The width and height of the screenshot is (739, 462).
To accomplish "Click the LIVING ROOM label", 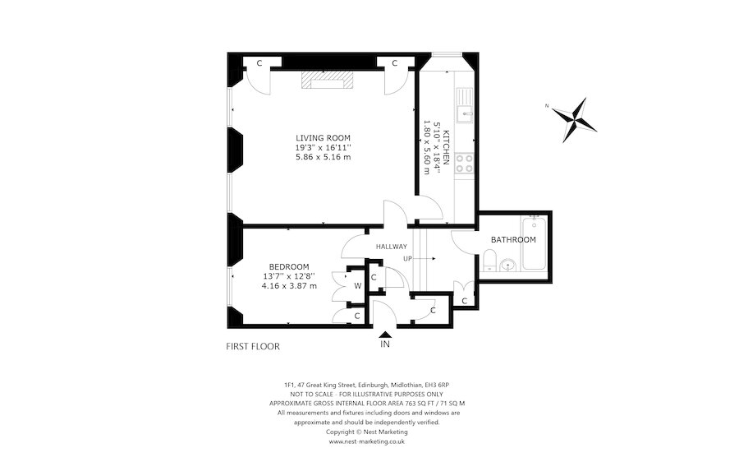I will [324, 137].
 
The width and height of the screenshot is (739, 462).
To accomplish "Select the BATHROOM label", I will [513, 239].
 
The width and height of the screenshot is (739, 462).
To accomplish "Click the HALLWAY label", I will [392, 246].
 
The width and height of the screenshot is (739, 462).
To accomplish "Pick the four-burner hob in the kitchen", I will [466, 162].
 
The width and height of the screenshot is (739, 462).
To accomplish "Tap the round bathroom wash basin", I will [508, 265].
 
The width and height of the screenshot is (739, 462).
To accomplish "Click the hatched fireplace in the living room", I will [326, 79].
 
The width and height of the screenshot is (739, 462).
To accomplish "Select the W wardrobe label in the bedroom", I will [357, 286].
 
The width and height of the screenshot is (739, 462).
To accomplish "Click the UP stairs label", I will [407, 258].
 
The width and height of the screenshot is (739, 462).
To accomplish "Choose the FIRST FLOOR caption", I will [253, 346].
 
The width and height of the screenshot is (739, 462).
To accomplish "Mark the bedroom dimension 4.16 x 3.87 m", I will [289, 285].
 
